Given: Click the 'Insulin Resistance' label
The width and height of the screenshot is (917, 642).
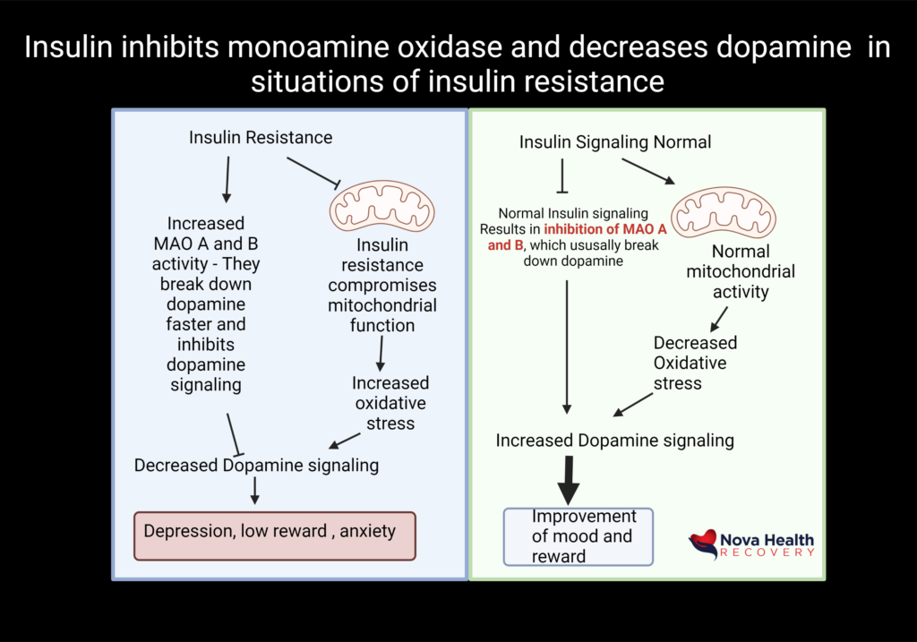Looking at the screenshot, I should coord(261,137).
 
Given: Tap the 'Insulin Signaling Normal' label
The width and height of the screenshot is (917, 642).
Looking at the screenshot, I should coord(615,141).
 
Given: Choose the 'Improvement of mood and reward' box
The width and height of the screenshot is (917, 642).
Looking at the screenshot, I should coord(578,536).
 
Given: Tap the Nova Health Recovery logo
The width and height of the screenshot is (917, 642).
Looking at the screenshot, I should coord(752,543).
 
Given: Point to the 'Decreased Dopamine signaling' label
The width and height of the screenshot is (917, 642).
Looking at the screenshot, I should coord(256,466).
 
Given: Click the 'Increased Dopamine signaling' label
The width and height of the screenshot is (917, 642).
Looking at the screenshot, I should coord(615,440).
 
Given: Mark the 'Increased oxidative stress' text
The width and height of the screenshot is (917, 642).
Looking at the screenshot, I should coord(390,403).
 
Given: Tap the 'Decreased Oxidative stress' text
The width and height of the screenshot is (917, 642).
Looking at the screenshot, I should coord(695,363).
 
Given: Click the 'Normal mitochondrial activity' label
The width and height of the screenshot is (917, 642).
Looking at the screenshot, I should coord(741,271).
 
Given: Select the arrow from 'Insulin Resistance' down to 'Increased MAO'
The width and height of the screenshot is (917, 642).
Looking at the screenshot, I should coord(227,177).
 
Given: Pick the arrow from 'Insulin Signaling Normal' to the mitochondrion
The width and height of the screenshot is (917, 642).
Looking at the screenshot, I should coord(648,172).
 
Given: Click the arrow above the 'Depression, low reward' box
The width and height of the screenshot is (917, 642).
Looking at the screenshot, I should coord(255,489).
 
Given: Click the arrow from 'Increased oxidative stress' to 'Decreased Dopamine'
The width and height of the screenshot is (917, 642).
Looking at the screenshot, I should coord(345,441).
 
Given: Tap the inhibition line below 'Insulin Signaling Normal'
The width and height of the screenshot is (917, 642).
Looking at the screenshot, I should coord(561,176).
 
